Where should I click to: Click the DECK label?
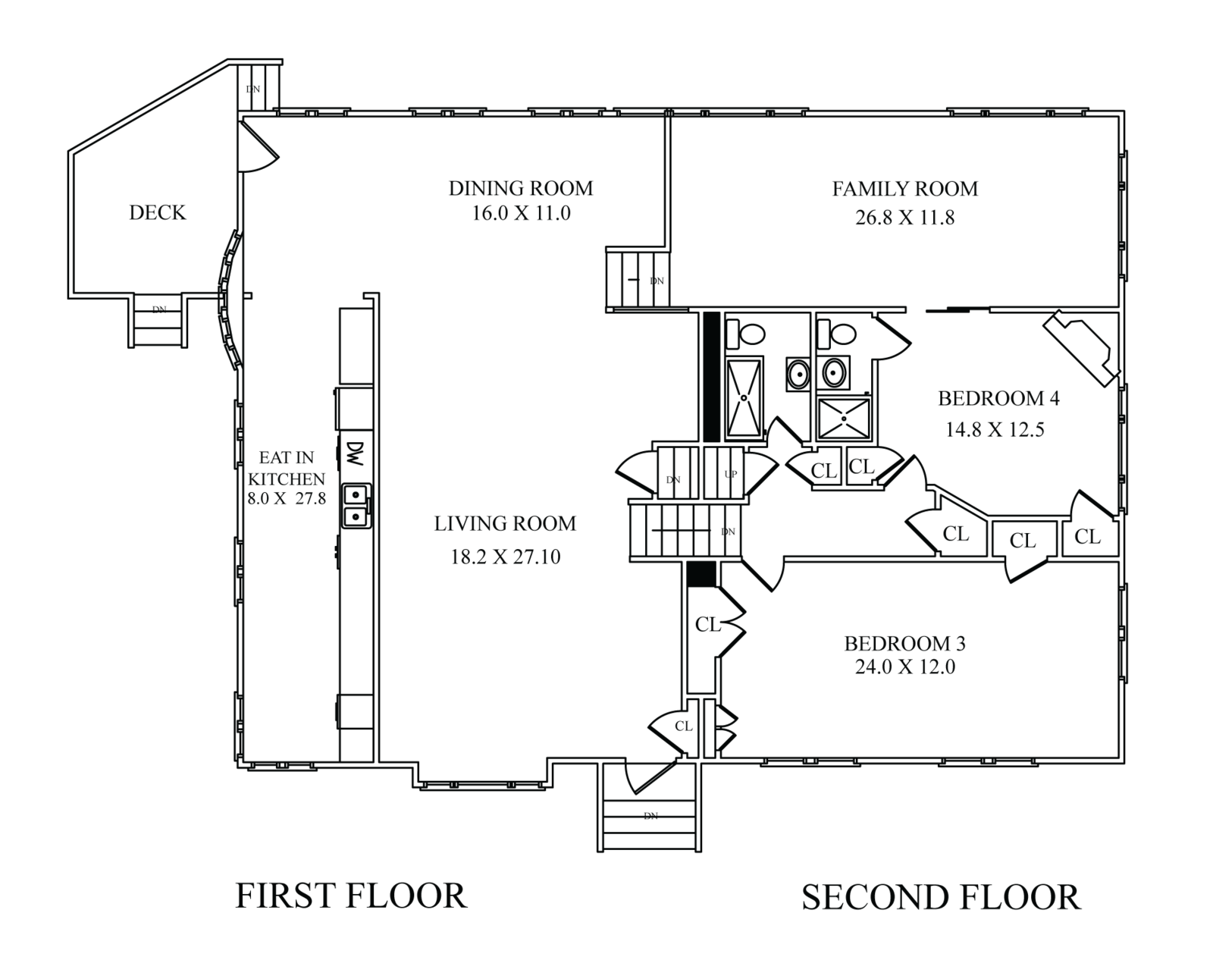click(x=158, y=213)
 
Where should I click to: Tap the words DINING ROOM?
click(x=520, y=188)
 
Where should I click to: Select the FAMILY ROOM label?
click(x=905, y=189)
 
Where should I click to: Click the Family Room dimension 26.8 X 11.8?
click(x=904, y=218)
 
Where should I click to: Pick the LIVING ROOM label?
click(x=505, y=524)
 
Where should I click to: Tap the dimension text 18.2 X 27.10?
click(x=505, y=557)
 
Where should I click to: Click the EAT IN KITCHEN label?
click(x=287, y=469)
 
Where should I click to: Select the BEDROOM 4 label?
click(x=998, y=399)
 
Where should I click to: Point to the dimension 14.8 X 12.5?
click(x=995, y=430)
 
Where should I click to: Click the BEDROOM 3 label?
click(x=904, y=644)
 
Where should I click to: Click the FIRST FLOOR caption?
click(x=350, y=896)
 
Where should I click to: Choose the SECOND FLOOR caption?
click(x=941, y=898)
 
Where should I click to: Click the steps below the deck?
click(x=159, y=320)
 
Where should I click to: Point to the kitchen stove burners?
click(x=356, y=506)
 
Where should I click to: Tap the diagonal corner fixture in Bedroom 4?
click(x=1080, y=349)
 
